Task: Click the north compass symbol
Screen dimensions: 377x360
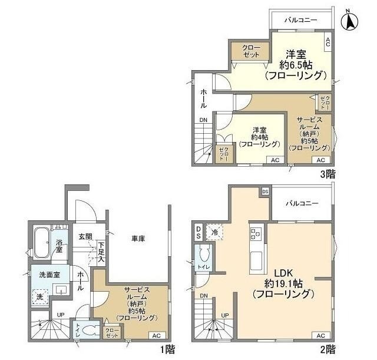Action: coord(349,21)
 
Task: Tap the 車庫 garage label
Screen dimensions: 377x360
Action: coord(138,239)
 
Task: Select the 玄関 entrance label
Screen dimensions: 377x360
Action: coord(85,237)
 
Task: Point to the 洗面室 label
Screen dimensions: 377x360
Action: coord(49,275)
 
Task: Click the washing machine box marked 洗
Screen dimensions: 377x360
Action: coord(40,297)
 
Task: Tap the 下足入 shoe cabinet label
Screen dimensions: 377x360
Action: coord(101,252)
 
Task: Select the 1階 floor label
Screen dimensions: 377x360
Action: coord(168,349)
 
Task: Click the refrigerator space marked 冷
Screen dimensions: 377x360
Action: coord(214,232)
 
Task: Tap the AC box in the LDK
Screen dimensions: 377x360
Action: coord(320,336)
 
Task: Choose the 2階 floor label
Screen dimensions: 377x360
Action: coord(328,349)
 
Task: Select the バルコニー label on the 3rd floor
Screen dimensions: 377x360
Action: coord(301,20)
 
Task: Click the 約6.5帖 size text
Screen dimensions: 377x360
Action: coord(296,65)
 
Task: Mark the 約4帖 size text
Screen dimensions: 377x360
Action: coord(260,137)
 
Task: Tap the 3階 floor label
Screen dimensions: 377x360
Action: coord(328,174)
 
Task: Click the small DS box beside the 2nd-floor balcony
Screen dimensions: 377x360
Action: coord(265,191)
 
